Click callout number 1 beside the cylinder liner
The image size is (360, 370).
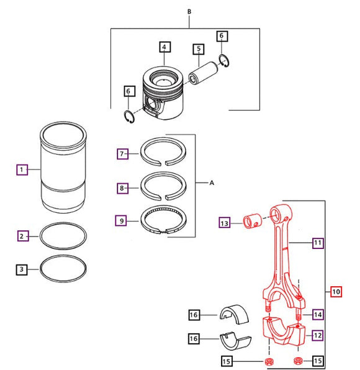(22, 169)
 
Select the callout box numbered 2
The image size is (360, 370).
(22, 236)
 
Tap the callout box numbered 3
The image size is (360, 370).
(22, 269)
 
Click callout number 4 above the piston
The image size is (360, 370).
(164, 47)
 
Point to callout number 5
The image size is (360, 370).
(198, 48)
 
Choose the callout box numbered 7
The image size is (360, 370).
(123, 153)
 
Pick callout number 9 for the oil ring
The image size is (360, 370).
(123, 220)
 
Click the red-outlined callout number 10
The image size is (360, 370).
(336, 291)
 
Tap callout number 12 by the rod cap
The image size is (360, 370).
(317, 335)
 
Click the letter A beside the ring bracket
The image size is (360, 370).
(212, 184)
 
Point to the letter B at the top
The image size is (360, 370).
(189, 11)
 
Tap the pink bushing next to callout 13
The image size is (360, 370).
(253, 220)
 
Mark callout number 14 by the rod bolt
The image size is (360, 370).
(317, 314)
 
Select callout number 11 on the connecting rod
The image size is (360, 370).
(317, 243)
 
